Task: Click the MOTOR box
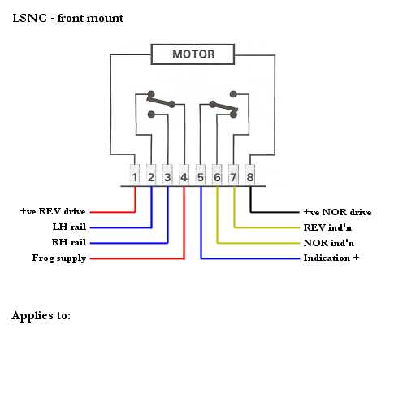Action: tap(193, 54)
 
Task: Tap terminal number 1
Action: tap(135, 175)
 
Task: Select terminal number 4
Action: tap(184, 175)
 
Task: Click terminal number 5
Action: tap(201, 175)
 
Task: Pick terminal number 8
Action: tap(249, 175)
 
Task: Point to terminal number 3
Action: tap(167, 175)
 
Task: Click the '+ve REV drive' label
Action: tap(53, 211)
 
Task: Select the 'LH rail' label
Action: tap(69, 227)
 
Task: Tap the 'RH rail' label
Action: tap(69, 242)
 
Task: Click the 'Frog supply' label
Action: tap(59, 258)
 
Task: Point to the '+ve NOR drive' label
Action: tap(337, 212)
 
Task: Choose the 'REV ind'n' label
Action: tap(327, 227)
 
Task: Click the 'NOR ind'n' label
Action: tap(329, 243)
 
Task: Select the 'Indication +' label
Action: tap(331, 258)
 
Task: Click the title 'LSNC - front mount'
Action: tap(68, 18)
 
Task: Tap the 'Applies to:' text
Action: tap(41, 315)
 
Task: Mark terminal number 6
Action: tap(217, 175)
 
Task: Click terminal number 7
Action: tap(233, 175)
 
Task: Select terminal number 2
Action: tap(151, 175)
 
